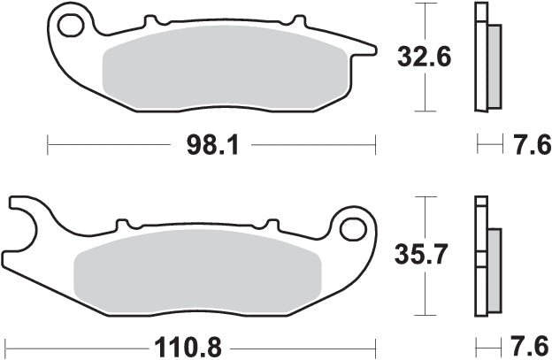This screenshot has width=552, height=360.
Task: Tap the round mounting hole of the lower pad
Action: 352,229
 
